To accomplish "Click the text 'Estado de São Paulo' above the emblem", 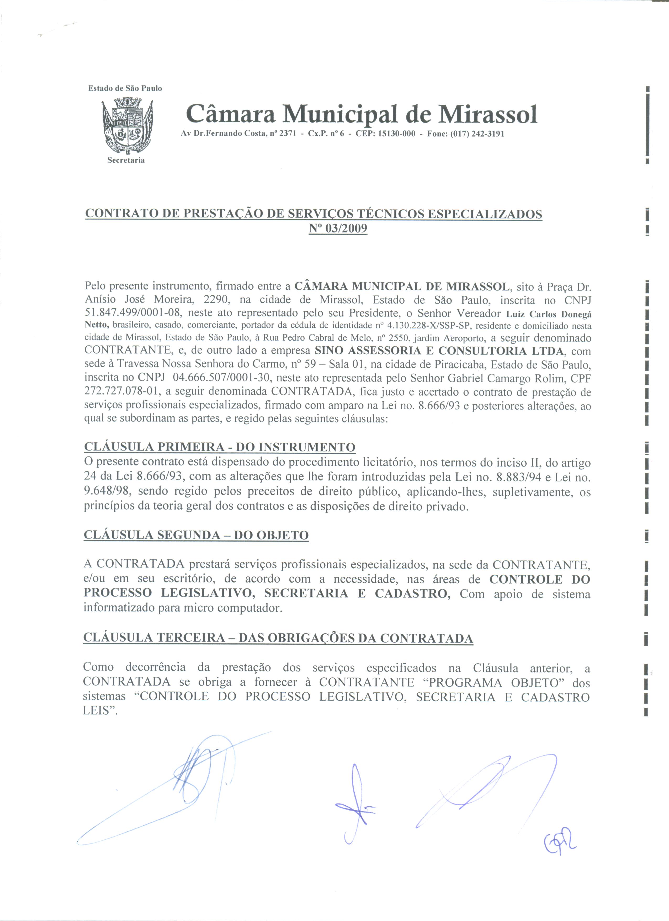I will coord(125,88).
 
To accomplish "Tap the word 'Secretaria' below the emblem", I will coord(126,160).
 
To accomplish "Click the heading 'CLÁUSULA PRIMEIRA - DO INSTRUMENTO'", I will coord(220,447).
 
